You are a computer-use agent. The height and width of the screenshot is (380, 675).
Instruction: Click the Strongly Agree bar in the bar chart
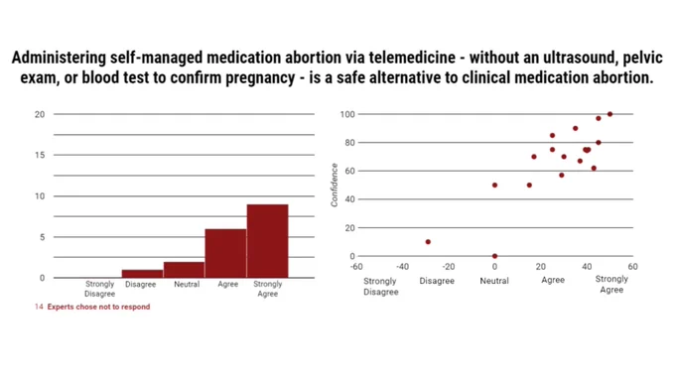point(267,241)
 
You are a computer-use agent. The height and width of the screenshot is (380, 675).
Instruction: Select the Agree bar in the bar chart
point(225,253)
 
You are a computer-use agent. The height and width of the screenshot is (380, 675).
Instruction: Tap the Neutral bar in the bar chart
point(184,270)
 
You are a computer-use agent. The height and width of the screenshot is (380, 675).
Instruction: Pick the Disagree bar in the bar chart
point(143,274)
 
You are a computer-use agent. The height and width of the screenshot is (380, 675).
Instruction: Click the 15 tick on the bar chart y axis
point(40,155)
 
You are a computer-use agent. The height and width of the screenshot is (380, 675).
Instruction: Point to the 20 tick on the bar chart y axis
point(40,114)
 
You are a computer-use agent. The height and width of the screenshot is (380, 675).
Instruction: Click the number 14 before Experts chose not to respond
point(39,307)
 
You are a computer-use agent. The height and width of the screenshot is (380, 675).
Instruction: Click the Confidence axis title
point(335,186)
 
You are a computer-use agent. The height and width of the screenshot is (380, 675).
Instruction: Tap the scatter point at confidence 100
point(610,114)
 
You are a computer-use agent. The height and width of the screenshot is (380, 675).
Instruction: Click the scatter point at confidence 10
point(428,242)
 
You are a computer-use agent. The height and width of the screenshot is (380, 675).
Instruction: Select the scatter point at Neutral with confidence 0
point(494,256)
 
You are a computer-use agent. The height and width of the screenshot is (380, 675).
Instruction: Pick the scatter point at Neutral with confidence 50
point(494,186)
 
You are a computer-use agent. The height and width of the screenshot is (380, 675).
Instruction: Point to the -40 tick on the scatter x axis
point(402,267)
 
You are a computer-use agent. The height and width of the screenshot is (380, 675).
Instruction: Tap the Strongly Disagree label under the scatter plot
point(380,286)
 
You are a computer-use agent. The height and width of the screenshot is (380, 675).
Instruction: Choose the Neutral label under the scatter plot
point(494,281)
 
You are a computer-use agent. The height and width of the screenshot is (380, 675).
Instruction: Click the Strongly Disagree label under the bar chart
point(100,289)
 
